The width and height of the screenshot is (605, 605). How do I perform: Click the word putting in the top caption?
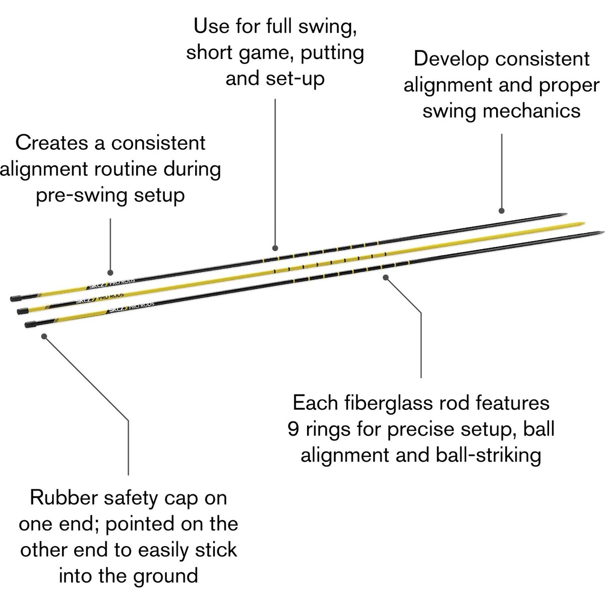point(332,53)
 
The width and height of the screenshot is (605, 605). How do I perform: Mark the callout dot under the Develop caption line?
point(501,211)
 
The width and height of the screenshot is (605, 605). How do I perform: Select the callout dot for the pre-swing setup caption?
point(110,272)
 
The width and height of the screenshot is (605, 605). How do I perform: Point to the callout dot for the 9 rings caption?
point(386,276)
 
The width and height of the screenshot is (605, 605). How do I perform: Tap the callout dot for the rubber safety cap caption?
point(44,336)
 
